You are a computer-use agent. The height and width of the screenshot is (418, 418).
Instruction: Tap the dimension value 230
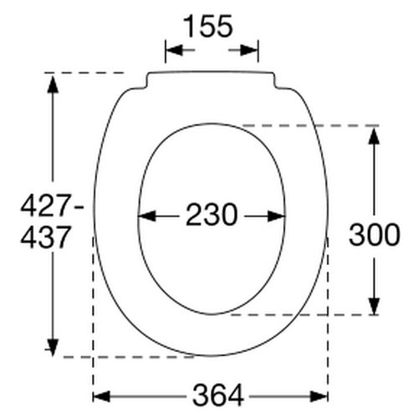[212, 216]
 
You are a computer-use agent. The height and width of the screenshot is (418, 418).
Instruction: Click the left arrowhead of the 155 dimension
[172, 52]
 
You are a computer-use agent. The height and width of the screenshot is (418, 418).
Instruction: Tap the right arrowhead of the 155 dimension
[251, 52]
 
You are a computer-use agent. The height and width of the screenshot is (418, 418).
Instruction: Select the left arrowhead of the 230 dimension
[145, 216]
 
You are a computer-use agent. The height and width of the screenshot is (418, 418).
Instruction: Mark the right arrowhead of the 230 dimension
[278, 216]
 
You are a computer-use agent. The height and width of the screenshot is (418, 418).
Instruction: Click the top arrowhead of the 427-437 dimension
[54, 82]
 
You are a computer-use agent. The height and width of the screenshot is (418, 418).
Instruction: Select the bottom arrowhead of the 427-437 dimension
[54, 349]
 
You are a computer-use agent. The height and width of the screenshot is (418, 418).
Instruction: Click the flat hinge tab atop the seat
[212, 79]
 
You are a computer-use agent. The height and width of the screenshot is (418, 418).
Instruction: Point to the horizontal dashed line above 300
[309, 125]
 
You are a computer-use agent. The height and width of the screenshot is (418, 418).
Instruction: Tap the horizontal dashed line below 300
[301, 315]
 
